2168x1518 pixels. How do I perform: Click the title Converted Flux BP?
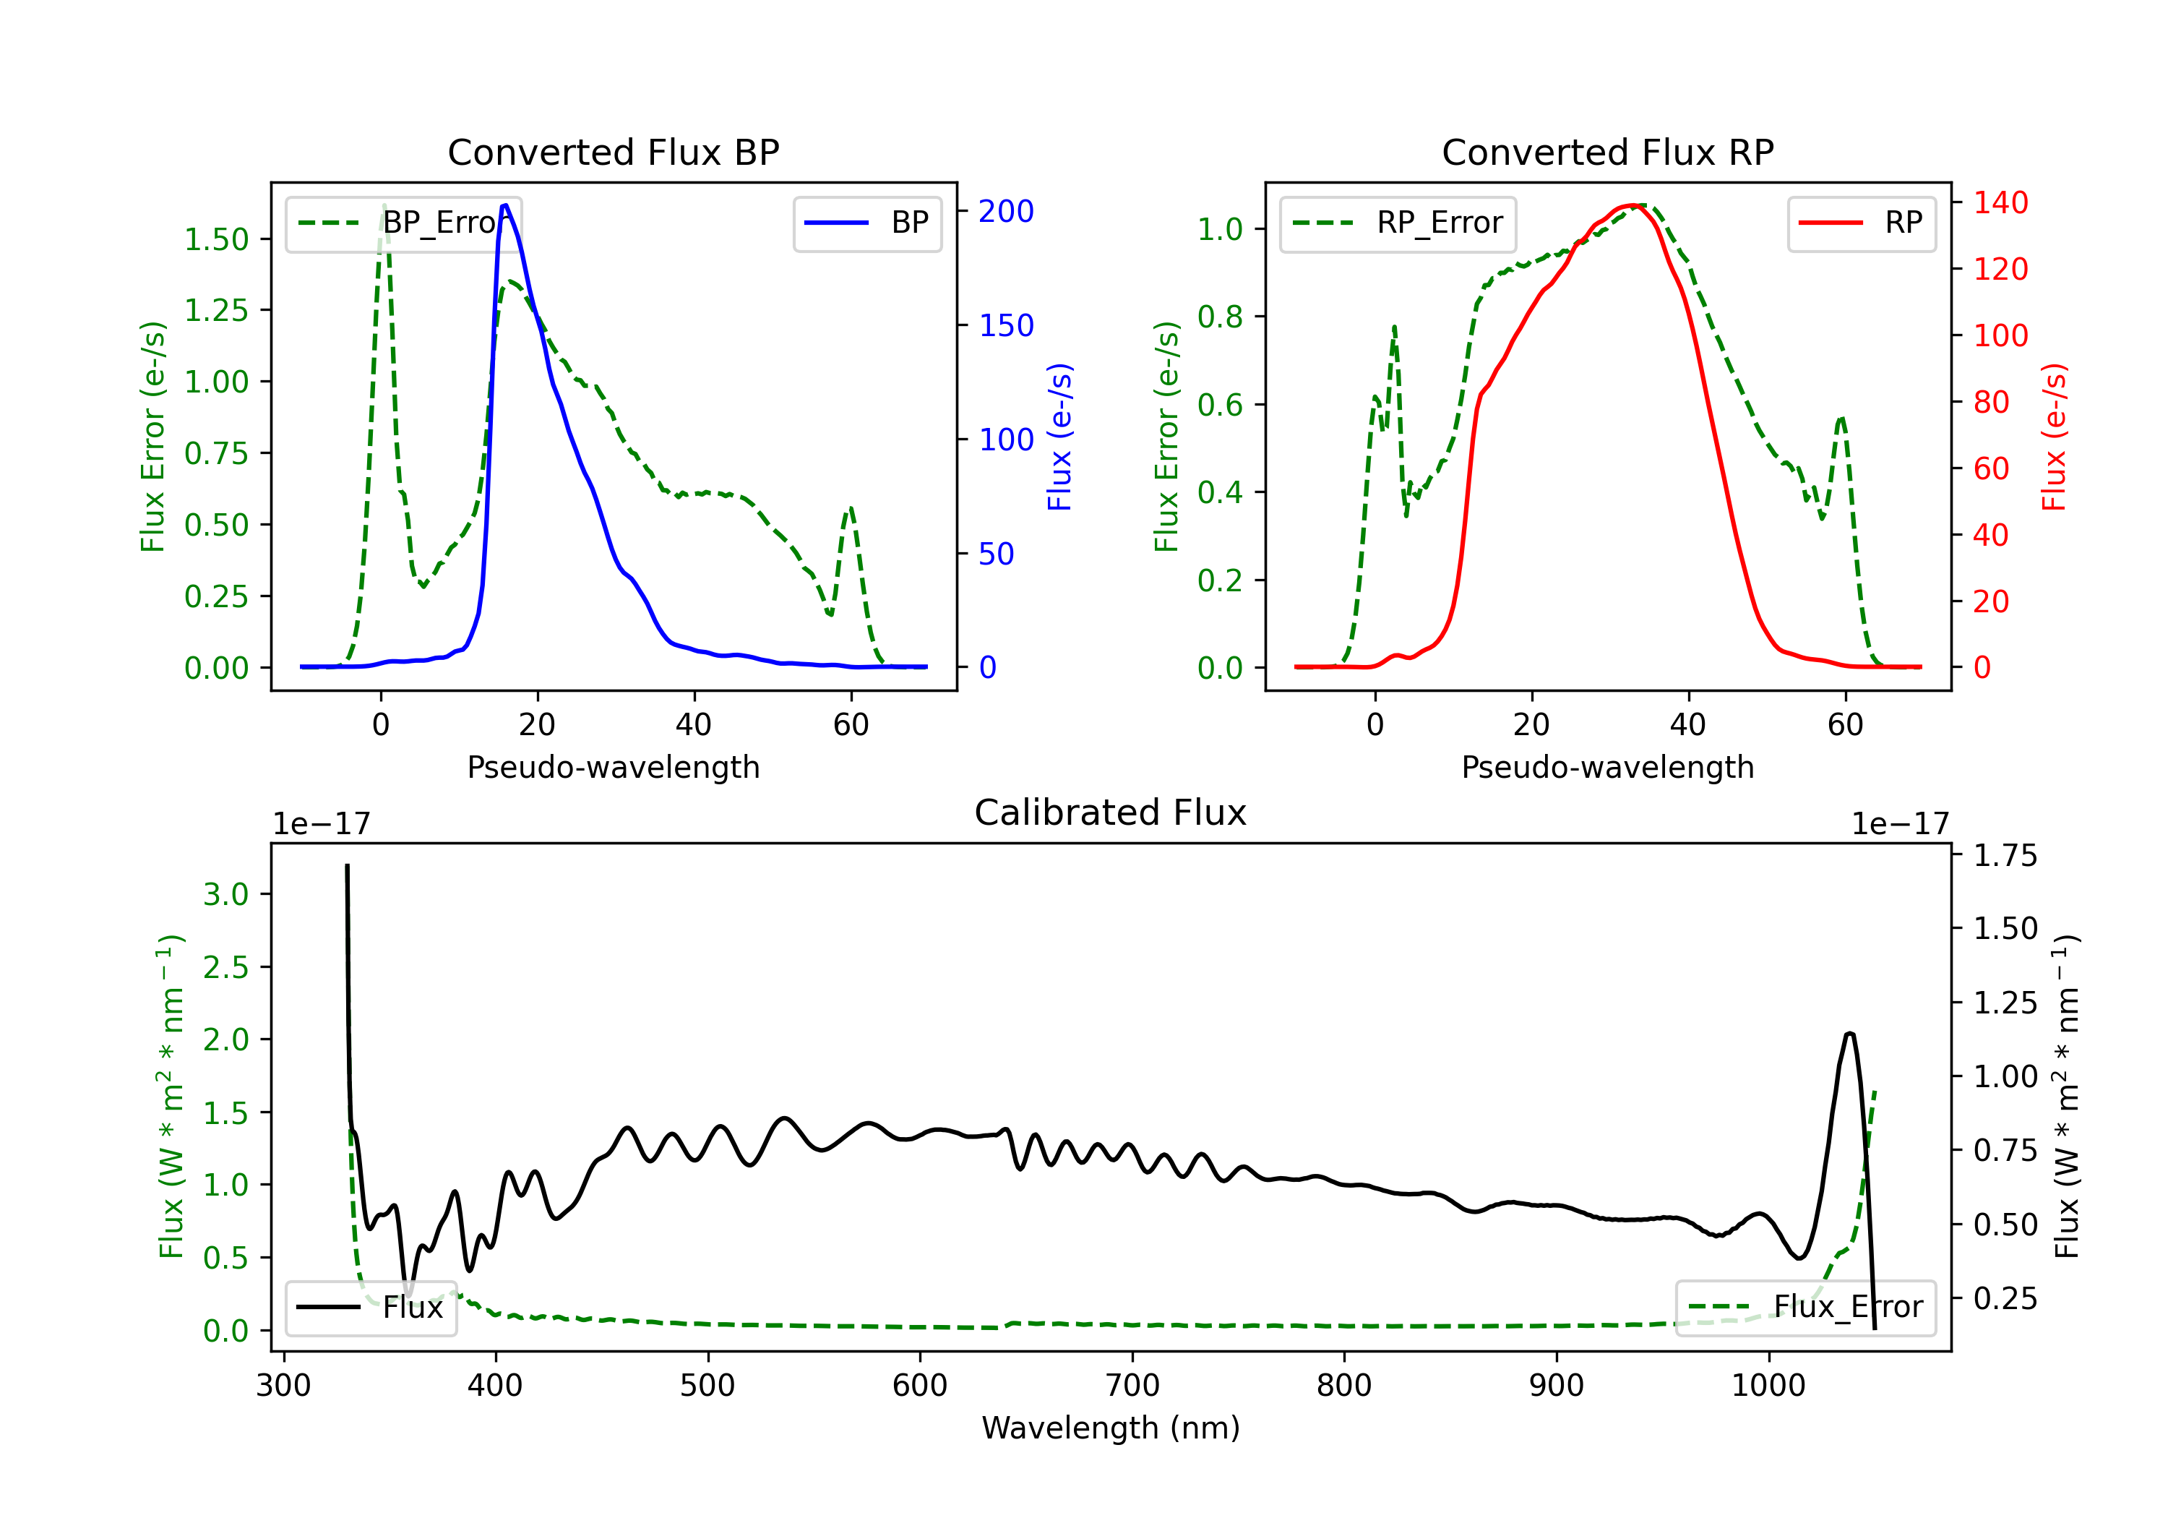click(613, 152)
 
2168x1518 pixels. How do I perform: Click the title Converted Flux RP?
click(1607, 152)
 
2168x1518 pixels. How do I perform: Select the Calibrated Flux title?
click(1111, 812)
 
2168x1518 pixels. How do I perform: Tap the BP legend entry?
click(866, 223)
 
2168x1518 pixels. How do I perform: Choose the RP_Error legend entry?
click(1398, 223)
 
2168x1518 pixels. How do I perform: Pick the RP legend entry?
click(1861, 223)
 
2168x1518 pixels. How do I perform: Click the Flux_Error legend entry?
click(1805, 1308)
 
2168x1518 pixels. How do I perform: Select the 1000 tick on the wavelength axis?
click(1768, 1386)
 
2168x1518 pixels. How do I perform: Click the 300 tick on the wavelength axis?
click(283, 1386)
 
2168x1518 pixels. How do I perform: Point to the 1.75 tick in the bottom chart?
click(2005, 856)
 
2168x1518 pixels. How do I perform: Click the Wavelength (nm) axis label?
click(1111, 1428)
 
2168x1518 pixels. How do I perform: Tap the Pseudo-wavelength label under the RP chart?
click(1607, 767)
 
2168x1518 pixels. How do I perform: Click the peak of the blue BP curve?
click(505, 205)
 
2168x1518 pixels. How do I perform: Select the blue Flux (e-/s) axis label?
click(1060, 437)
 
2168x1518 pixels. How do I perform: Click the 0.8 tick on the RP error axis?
click(1220, 317)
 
